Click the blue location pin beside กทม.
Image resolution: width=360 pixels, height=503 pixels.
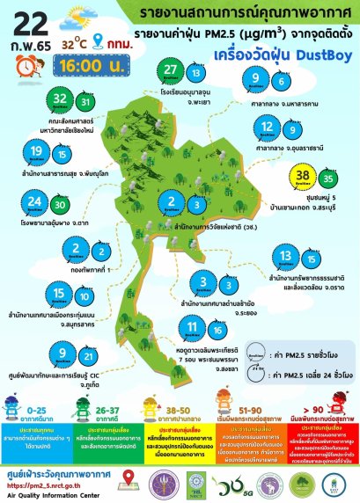pyautogui.click(x=99, y=40)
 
